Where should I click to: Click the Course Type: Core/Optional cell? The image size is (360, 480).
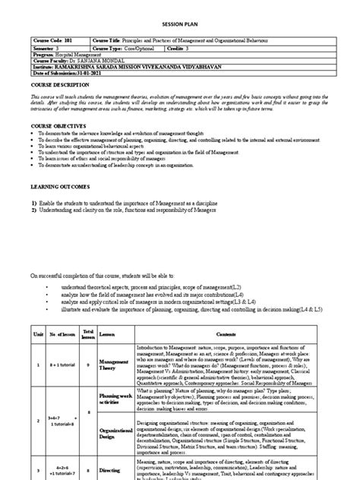coord(124,46)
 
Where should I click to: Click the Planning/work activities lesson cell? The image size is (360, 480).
coord(115,397)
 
